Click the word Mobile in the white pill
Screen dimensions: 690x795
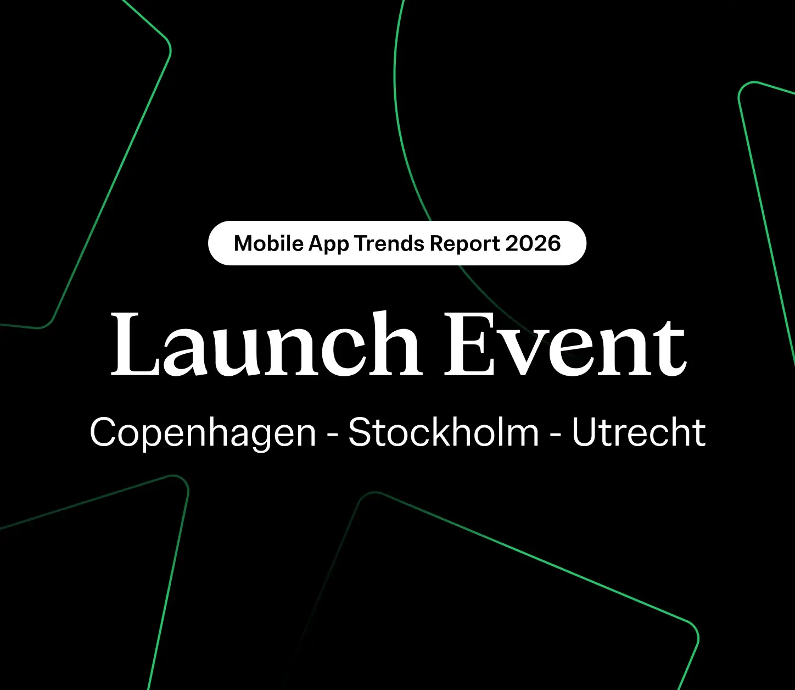[x=268, y=243]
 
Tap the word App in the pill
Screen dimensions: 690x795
[x=328, y=243]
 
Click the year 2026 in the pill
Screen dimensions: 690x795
[x=533, y=243]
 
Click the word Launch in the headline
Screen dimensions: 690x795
[x=265, y=344]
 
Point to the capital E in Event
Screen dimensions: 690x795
[x=467, y=344]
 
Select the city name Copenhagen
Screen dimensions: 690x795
[x=203, y=432]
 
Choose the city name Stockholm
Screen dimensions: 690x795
[x=444, y=432]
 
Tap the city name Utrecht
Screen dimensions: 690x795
[x=638, y=432]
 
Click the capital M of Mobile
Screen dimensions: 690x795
[x=244, y=243]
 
